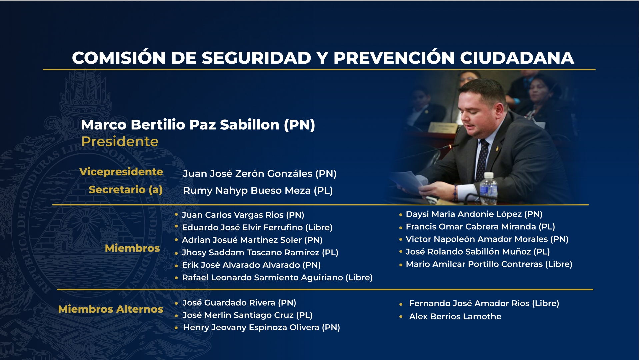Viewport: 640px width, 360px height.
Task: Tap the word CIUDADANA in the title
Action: [517, 58]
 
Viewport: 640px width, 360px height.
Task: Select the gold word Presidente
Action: [120, 142]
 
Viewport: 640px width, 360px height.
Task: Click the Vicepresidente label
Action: [121, 172]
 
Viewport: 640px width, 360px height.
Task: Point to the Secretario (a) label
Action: [125, 190]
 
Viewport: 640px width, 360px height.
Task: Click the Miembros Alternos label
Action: [110, 309]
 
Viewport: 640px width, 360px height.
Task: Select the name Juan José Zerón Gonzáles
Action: [259, 174]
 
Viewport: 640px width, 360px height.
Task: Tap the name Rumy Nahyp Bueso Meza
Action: [258, 191]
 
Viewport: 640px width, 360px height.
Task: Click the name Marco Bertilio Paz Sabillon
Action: [198, 125]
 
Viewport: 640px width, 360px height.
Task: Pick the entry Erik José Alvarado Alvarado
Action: [251, 265]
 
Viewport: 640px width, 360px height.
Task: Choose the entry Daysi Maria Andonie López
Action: [474, 214]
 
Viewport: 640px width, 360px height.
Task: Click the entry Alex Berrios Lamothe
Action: [455, 316]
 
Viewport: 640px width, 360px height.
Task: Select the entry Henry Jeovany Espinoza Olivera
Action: [261, 327]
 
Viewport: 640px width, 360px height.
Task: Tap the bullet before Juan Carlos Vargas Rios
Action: [176, 214]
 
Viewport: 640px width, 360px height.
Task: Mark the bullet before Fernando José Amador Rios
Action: [401, 304]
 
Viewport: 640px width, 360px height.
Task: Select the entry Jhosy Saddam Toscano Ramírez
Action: [260, 253]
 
